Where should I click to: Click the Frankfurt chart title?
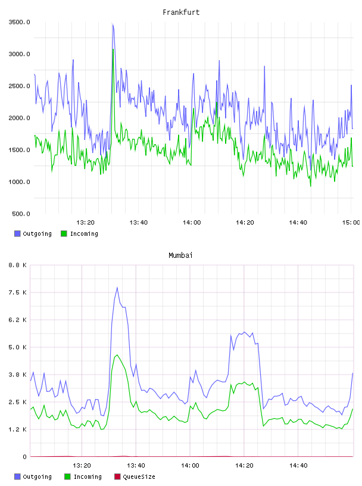tap(181, 12)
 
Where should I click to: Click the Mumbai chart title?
tap(180, 255)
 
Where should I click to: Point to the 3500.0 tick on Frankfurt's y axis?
tap(19, 22)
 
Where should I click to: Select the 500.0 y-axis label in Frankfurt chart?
tap(21, 214)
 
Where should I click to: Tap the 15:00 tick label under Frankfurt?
tap(351, 222)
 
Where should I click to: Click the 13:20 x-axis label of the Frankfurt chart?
tap(85, 222)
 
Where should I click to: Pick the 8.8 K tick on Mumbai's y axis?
tap(17, 265)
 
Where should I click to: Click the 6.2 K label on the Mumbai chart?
tap(17, 320)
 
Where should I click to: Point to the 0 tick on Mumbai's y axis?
tap(24, 457)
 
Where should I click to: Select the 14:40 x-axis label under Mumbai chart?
tap(298, 465)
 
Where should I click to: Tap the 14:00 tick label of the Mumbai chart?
tap(190, 465)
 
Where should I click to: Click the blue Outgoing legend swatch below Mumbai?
tap(17, 476)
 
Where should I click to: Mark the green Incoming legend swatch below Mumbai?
tap(67, 476)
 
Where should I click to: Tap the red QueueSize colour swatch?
tap(117, 476)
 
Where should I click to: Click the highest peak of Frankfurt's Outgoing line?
tap(113, 24)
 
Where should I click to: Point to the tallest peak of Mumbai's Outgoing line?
tap(117, 288)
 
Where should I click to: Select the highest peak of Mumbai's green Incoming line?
tap(117, 355)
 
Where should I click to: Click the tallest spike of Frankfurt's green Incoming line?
tap(114, 49)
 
